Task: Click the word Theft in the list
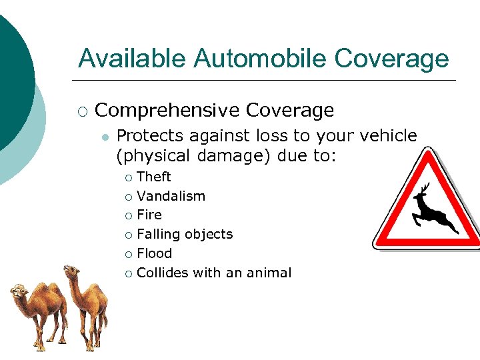click(154, 177)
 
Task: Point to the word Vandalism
click(171, 196)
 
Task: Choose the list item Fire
click(149, 215)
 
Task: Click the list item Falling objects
click(185, 234)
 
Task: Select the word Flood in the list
click(154, 253)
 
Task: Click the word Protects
click(151, 136)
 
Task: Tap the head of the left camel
click(18, 291)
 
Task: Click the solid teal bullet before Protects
click(103, 137)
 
